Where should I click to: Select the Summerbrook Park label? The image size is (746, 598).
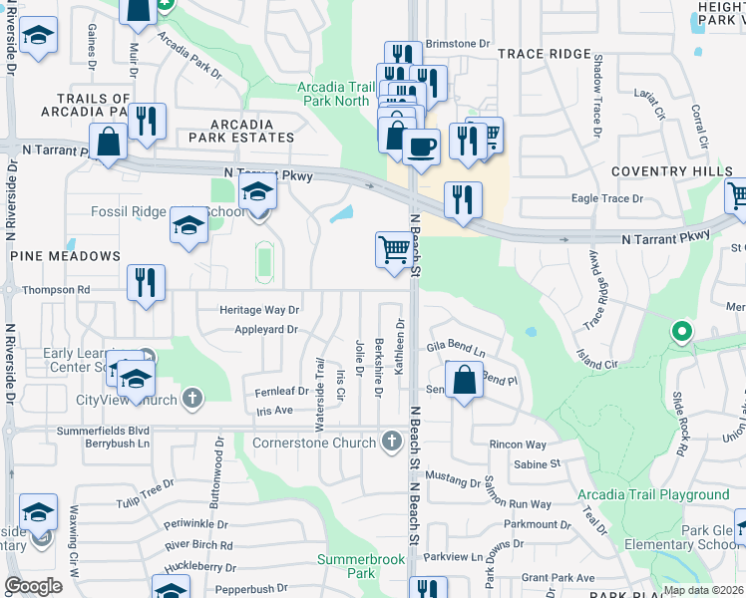click(x=361, y=566)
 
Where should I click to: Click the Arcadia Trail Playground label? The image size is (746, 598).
click(x=653, y=494)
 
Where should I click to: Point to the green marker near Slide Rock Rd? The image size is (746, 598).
click(x=681, y=331)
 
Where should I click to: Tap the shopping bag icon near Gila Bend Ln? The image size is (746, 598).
click(x=464, y=381)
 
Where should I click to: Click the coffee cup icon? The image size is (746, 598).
click(x=421, y=148)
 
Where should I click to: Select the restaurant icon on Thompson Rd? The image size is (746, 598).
click(x=146, y=283)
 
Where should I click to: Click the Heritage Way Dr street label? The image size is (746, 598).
click(x=259, y=311)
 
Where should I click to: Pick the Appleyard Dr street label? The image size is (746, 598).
click(x=266, y=330)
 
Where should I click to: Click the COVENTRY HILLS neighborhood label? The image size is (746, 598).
click(x=664, y=171)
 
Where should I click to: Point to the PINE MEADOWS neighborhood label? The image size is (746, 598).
click(x=66, y=256)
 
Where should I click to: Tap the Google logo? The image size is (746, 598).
click(x=33, y=586)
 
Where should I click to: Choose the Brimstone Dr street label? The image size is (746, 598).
click(x=459, y=44)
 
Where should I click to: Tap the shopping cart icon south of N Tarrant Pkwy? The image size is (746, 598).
click(x=394, y=251)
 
